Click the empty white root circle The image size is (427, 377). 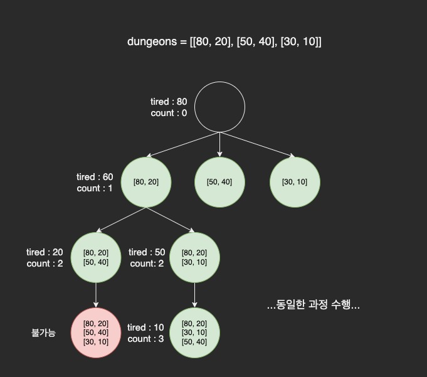pyautogui.click(x=219, y=107)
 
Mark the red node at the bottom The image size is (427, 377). pyautogui.click(x=96, y=332)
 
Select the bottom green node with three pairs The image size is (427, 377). pyautogui.click(x=194, y=332)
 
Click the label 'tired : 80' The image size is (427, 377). pyautogui.click(x=169, y=102)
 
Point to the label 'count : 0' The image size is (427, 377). pyautogui.click(x=169, y=113)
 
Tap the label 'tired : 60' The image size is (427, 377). pyautogui.click(x=95, y=177)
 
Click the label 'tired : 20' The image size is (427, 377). pyautogui.click(x=45, y=252)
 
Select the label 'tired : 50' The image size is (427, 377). pyautogui.click(x=147, y=252)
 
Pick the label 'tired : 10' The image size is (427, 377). pyautogui.click(x=145, y=327)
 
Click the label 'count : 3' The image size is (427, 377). pyautogui.click(x=145, y=339)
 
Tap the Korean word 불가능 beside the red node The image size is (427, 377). pyautogui.click(x=43, y=332)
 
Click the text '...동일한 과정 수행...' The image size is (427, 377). pyautogui.click(x=313, y=305)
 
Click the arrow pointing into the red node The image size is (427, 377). pyautogui.click(x=96, y=295)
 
